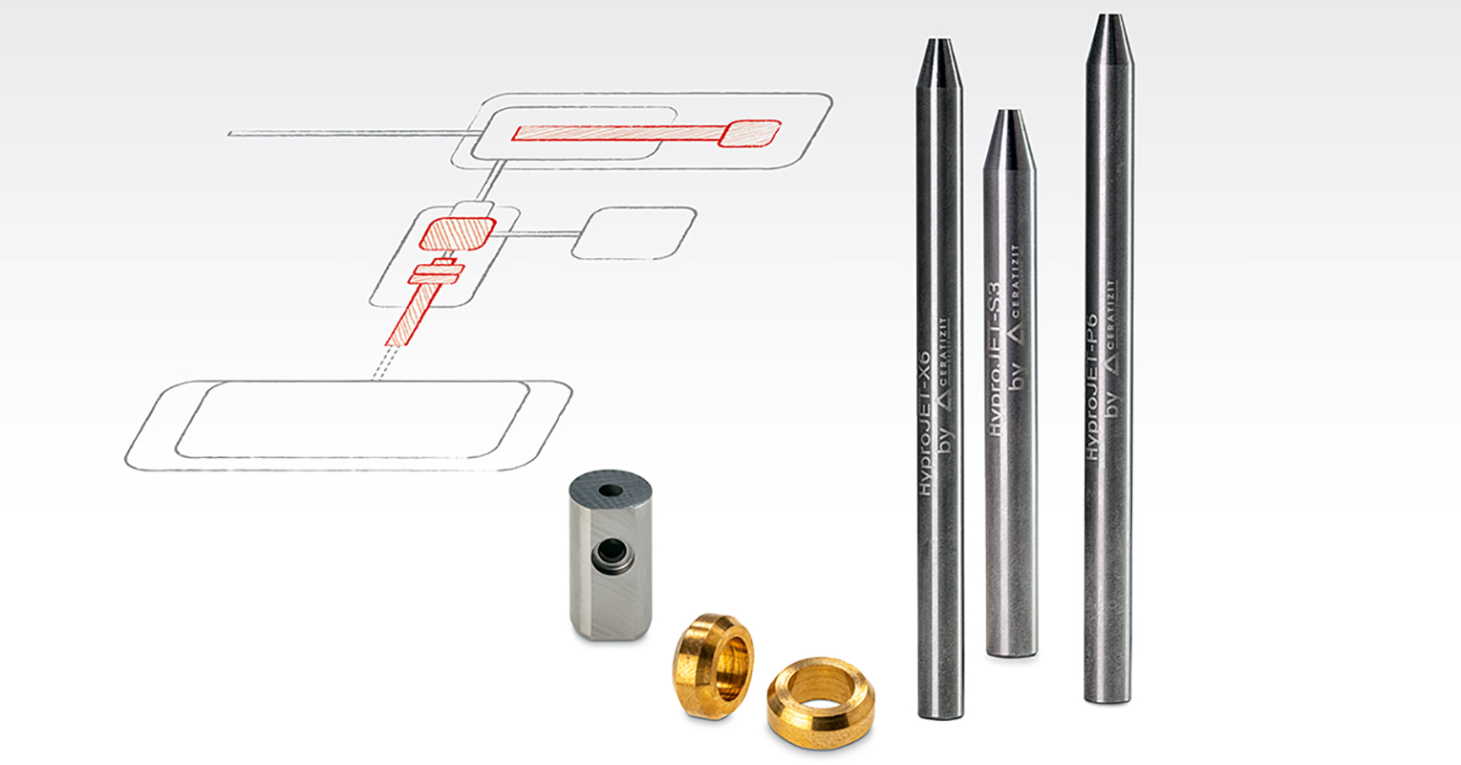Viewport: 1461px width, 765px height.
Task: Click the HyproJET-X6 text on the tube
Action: tap(925, 422)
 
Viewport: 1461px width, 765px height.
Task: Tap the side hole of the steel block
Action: tap(608, 553)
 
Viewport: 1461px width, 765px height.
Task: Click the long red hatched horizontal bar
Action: tap(616, 133)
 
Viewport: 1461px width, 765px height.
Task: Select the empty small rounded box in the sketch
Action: tap(633, 232)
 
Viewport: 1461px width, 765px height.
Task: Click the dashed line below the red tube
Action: tap(381, 363)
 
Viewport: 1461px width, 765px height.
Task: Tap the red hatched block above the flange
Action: tap(459, 232)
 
